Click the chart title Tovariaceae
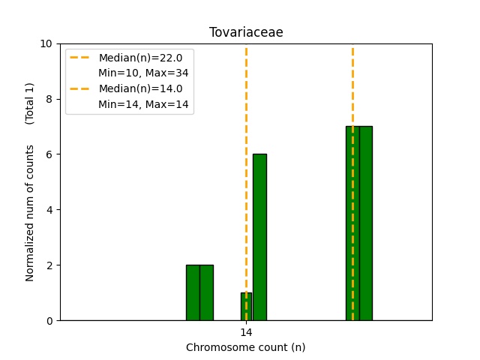point(246,32)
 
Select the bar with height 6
point(259,237)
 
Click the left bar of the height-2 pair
point(193,292)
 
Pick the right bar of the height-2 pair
point(206,292)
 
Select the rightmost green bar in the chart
point(366,223)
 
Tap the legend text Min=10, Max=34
point(143,73)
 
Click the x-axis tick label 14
point(246,332)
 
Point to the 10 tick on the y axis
point(47,43)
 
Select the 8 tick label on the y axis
point(49,99)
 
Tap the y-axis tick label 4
point(49,210)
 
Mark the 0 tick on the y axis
point(49,321)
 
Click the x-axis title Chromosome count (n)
point(246,347)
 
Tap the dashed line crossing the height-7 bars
point(352,90)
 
